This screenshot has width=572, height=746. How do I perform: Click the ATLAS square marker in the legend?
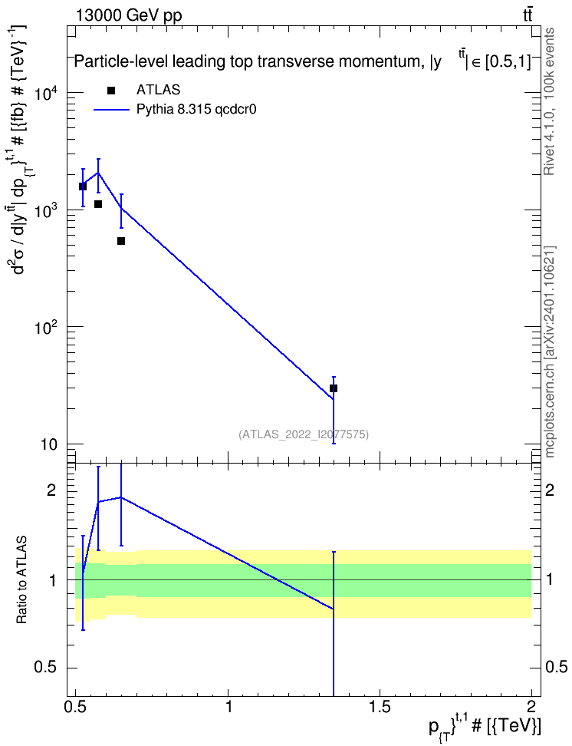(x=111, y=91)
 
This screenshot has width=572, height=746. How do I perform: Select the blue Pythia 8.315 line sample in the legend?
(x=111, y=110)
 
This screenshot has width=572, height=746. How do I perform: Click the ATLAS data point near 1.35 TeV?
(x=334, y=388)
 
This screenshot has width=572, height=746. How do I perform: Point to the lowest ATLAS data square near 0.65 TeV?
(x=121, y=241)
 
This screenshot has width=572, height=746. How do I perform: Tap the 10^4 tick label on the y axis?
(x=47, y=94)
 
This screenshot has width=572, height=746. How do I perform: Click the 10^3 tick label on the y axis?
(x=47, y=211)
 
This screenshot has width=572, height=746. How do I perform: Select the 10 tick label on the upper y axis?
(x=49, y=445)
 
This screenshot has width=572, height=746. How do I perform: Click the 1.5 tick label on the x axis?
(x=380, y=706)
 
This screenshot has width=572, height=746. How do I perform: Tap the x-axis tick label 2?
(x=531, y=706)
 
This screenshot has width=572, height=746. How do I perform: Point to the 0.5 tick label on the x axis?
(x=76, y=706)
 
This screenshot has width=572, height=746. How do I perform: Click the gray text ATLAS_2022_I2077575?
(x=304, y=434)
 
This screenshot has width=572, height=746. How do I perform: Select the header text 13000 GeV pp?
(x=128, y=16)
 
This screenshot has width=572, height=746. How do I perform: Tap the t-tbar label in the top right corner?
(x=528, y=15)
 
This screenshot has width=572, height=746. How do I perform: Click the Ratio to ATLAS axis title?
(x=21, y=580)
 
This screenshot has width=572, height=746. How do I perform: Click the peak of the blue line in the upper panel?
(x=98, y=172)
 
